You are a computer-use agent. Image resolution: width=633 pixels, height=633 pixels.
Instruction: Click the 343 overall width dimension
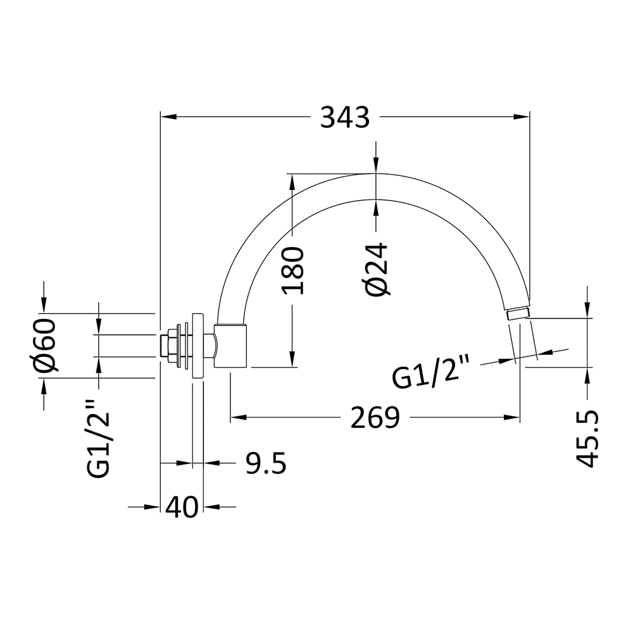(344, 117)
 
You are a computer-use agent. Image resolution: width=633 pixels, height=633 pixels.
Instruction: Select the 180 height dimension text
(293, 271)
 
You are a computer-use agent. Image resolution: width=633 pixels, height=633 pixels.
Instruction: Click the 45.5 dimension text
(589, 438)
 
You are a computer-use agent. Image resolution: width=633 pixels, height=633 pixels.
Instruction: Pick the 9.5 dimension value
(266, 464)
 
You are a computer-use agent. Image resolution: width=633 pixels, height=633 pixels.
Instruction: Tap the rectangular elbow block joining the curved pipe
(231, 346)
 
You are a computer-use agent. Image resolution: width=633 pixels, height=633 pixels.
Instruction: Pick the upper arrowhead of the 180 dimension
(292, 180)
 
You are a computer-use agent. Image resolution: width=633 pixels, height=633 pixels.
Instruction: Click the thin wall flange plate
(197, 346)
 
